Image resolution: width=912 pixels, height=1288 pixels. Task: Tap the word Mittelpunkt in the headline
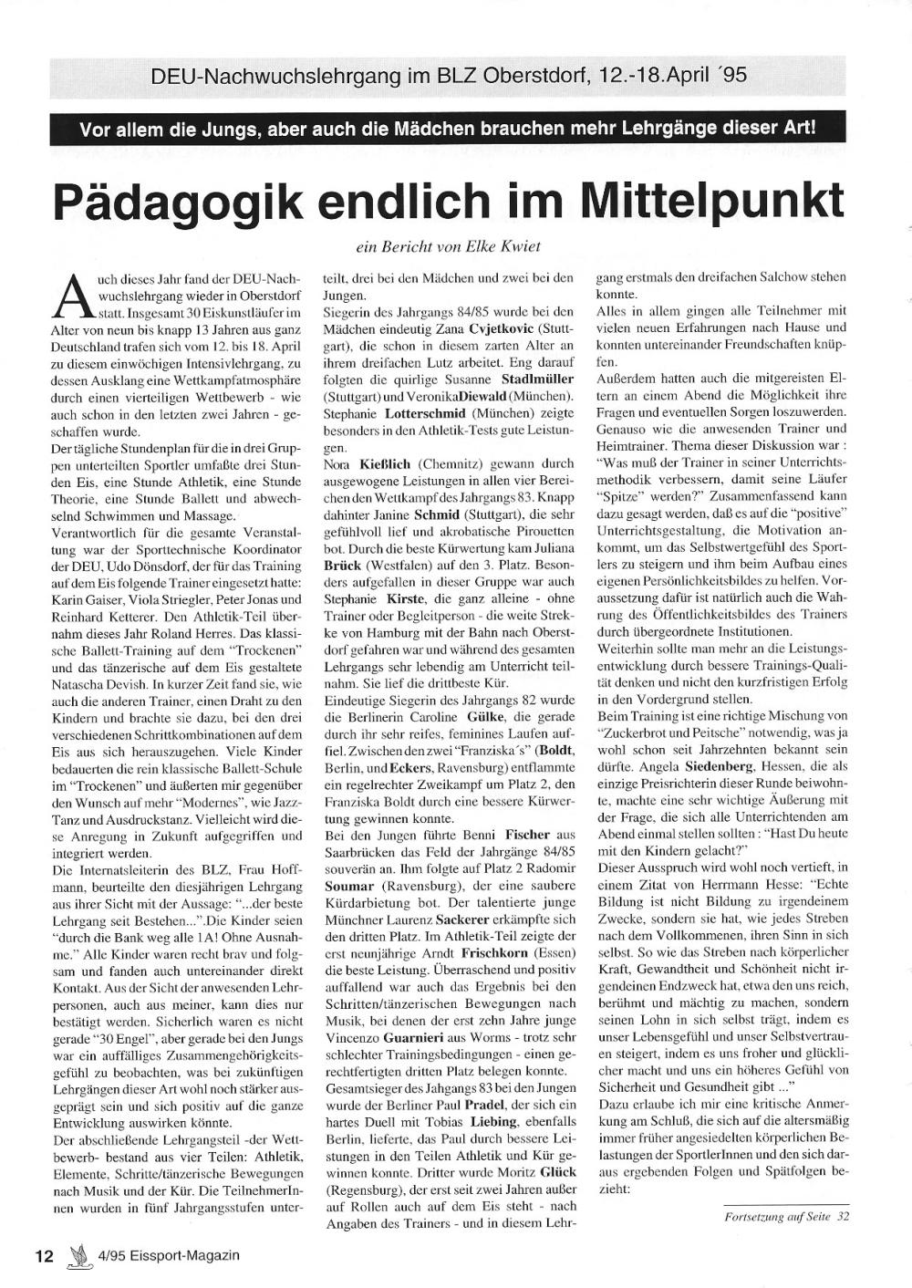pos(711,202)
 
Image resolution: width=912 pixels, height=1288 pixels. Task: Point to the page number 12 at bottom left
pos(44,1255)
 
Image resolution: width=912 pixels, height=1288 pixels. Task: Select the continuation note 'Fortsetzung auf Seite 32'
pos(786,1215)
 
